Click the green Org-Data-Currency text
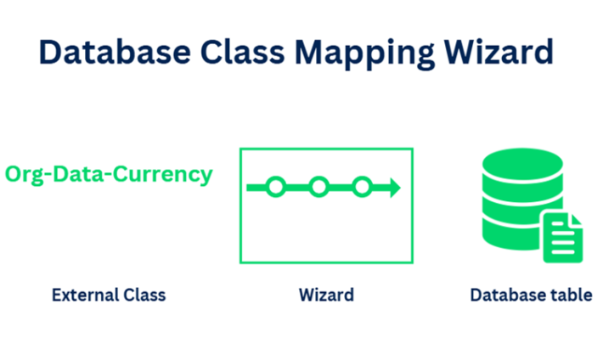coord(108,175)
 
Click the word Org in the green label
coord(24,175)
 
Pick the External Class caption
coord(109,295)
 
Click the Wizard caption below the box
coord(326,295)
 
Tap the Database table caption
coord(531,295)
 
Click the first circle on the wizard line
coord(274,187)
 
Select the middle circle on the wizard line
coord(318,187)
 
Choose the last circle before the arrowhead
coord(363,187)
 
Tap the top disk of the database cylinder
coord(521,166)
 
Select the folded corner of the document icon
coord(576,219)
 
